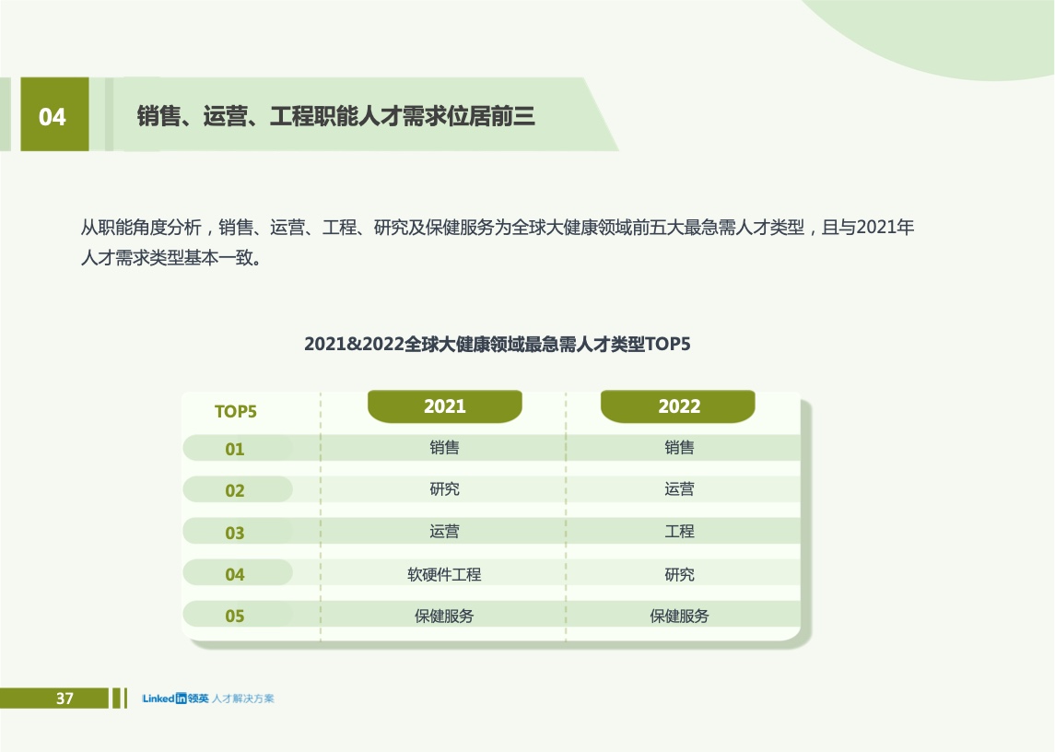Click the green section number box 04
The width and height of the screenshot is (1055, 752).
54,113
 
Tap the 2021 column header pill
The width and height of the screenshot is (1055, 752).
445,406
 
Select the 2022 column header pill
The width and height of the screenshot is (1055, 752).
678,406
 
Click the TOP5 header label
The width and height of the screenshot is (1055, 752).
236,411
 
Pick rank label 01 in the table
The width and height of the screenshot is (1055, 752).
235,449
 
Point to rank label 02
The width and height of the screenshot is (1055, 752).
235,491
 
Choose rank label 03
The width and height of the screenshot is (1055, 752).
235,534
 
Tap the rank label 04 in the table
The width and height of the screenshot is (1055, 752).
235,575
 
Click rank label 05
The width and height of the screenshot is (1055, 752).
235,616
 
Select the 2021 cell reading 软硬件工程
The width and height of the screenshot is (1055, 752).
444,574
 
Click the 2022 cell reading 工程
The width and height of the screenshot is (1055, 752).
680,531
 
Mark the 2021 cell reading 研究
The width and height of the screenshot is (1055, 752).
445,488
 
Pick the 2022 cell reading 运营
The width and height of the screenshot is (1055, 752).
680,488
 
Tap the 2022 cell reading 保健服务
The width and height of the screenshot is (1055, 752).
680,616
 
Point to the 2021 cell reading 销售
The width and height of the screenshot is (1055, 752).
445,447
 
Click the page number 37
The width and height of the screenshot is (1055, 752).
64,699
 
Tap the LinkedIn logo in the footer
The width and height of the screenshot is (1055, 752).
175,699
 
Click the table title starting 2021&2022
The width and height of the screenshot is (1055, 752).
498,344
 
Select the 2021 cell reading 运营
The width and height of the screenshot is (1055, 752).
445,531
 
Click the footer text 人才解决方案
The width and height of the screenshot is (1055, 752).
243,699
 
